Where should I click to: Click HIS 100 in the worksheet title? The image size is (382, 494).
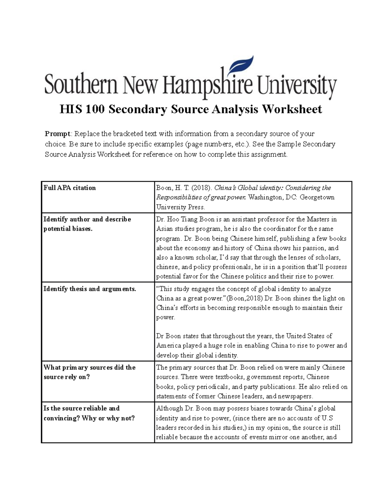point(82,110)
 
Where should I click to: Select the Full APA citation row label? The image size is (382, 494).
point(70,188)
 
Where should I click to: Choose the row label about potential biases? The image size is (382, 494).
point(87,224)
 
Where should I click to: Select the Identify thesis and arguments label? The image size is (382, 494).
point(90,289)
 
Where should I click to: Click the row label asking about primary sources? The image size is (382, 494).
point(89,372)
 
